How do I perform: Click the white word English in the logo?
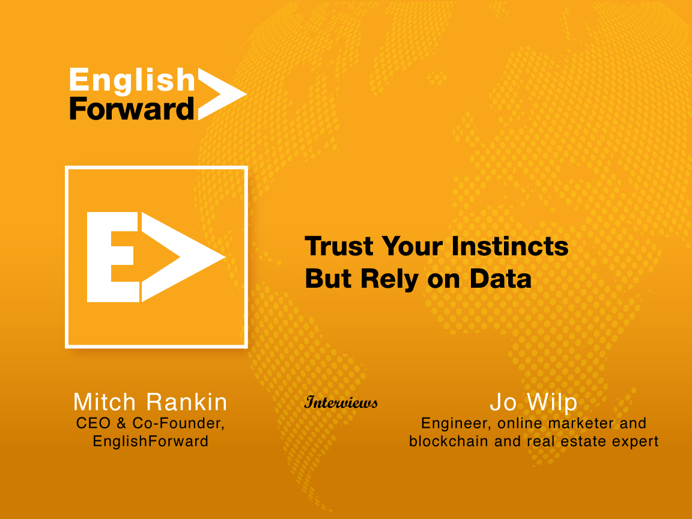coord(132,81)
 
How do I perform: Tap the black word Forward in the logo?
coord(132,109)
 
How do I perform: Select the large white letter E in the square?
coord(113,257)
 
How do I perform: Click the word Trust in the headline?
coord(339,246)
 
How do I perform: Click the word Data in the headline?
coord(500,279)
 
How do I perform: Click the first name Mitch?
coord(105,402)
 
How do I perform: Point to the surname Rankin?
coord(187,402)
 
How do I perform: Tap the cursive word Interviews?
coord(341,402)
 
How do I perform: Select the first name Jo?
coord(503,402)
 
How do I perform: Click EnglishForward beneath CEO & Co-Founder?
coord(151,442)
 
